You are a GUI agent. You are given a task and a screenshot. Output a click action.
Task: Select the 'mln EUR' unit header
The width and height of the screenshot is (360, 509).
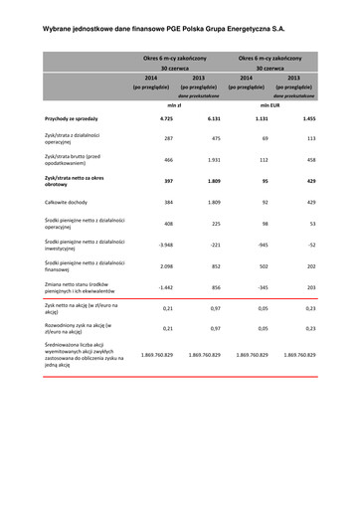(269, 103)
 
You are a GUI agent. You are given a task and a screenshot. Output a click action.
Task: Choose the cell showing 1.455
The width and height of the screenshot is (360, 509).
(308, 118)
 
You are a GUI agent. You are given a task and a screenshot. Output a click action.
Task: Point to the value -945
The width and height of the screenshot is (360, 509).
(263, 244)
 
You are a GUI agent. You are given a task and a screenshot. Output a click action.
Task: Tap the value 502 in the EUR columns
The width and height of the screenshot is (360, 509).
(264, 265)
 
